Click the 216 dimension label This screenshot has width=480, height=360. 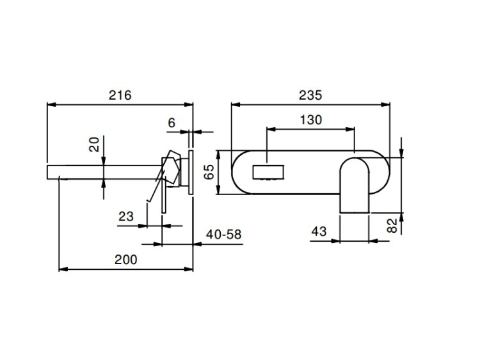120,95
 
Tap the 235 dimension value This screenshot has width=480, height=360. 310,95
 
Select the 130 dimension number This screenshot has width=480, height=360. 310,120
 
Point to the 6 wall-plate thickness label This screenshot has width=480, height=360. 172,123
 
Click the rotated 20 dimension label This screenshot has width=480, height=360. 94,145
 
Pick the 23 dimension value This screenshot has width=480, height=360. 126,217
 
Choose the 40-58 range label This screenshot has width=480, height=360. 223,235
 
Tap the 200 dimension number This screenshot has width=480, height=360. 126,260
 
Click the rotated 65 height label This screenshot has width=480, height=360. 210,172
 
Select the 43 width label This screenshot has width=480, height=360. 319,231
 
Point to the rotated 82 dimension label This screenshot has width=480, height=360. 392,226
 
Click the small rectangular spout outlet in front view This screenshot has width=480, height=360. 268,172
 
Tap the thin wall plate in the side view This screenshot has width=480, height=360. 191,172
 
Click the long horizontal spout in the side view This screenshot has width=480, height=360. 104,172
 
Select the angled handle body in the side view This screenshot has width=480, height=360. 171,168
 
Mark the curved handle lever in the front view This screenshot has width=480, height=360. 355,185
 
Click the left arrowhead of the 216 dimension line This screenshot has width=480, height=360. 51,105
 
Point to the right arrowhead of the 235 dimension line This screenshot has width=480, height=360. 385,105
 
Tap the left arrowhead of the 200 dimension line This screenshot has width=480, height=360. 63,269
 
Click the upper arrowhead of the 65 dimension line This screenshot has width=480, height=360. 218,155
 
